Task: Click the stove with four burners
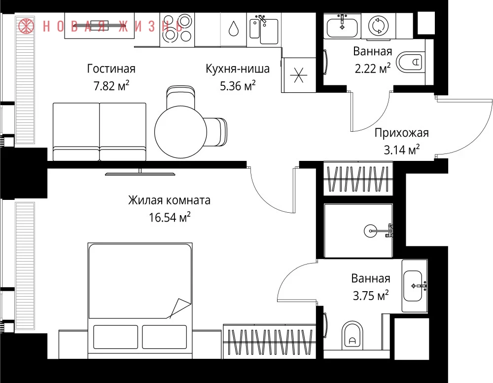(177, 30)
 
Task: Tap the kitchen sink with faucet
(264, 30)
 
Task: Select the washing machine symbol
(378, 26)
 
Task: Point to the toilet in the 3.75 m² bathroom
(352, 335)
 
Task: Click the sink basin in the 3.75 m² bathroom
(414, 286)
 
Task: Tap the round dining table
(180, 132)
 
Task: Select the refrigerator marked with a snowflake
(299, 75)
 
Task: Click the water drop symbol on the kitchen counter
(233, 29)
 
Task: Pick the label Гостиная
(111, 69)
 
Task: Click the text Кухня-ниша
(238, 69)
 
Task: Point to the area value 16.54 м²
(170, 217)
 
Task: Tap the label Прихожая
(401, 133)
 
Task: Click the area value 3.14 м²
(401, 150)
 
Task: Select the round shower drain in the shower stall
(370, 231)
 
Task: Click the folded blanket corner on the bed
(180, 308)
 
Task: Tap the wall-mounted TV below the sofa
(140, 173)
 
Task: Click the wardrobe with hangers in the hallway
(358, 178)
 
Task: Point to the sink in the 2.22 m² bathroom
(342, 27)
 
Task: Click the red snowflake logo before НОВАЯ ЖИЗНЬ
(26, 26)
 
